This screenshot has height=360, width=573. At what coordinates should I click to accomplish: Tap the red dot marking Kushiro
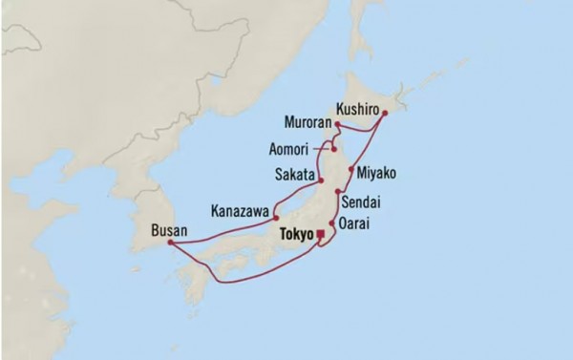click(x=384, y=114)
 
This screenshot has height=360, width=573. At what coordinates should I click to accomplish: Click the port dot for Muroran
click(x=337, y=123)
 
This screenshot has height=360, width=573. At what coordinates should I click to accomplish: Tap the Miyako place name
click(x=376, y=173)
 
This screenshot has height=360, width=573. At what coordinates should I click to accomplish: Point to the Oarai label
click(x=360, y=224)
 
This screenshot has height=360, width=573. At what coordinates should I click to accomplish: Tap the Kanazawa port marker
click(x=275, y=216)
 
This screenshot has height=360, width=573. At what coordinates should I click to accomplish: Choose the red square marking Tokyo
click(x=320, y=233)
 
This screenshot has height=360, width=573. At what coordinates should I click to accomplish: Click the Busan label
click(x=168, y=229)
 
